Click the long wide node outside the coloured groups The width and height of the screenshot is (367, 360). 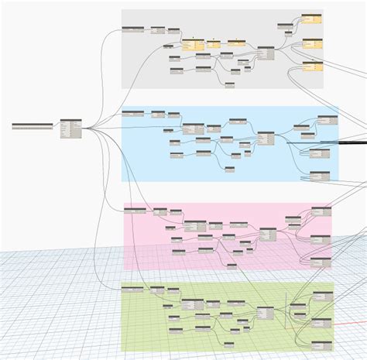(x=33, y=125)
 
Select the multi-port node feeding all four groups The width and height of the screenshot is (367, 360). (x=70, y=129)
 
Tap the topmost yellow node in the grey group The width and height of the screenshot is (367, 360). (x=312, y=18)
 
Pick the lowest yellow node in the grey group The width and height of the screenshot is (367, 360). (x=313, y=67)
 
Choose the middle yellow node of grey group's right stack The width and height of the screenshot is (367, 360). (x=313, y=43)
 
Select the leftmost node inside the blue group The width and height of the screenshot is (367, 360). (x=134, y=115)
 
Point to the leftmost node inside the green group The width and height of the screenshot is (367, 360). (x=133, y=290)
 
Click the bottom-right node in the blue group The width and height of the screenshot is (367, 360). (x=320, y=173)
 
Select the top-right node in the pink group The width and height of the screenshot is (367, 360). (x=321, y=210)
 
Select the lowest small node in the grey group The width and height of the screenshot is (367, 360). (x=230, y=84)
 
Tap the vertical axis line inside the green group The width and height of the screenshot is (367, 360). (x=287, y=306)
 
